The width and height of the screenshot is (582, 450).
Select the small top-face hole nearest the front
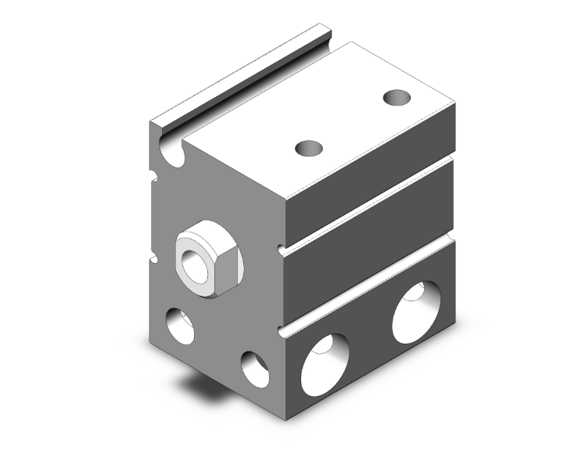tap(310, 147)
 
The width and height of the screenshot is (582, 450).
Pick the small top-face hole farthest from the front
tap(398, 99)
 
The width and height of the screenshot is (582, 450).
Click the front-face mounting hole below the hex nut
tap(181, 325)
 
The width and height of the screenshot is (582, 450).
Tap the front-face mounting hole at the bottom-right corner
tap(255, 369)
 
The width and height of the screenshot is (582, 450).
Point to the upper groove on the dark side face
tap(368, 203)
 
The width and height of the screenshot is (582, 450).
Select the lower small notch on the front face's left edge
tap(154, 253)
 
